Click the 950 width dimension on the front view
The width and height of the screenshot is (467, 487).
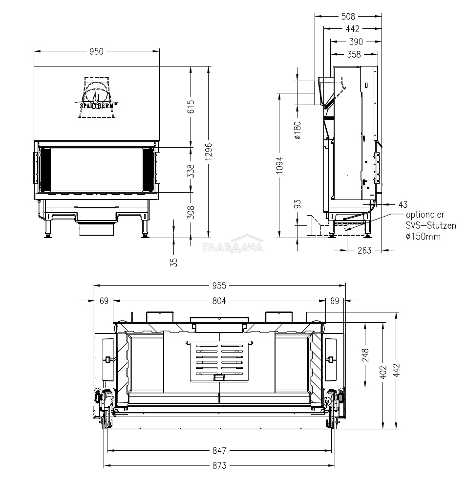click(97, 51)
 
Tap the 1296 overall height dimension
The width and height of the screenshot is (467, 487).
click(209, 152)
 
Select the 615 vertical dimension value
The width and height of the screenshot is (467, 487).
click(191, 107)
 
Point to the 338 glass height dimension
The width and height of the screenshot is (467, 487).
click(191, 171)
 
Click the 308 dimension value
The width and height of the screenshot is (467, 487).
click(191, 212)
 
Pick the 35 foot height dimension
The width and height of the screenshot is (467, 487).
click(174, 263)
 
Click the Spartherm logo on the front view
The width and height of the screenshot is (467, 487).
click(96, 97)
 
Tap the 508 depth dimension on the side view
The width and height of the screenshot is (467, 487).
click(348, 16)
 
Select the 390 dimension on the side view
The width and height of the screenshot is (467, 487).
click(356, 42)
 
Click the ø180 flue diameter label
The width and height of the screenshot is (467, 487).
click(297, 130)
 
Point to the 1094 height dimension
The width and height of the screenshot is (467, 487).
click(280, 165)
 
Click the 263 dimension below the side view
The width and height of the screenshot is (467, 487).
click(364, 250)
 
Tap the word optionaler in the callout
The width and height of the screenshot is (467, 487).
click(425, 215)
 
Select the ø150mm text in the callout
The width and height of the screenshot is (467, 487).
click(423, 236)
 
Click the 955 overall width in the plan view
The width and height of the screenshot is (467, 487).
click(219, 286)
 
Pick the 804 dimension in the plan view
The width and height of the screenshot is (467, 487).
click(219, 301)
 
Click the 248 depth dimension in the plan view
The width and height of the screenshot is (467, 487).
click(365, 355)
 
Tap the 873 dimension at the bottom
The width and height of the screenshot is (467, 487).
click(219, 465)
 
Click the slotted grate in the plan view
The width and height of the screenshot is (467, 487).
click(219, 361)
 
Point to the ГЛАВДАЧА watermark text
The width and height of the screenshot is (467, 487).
click(233, 247)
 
